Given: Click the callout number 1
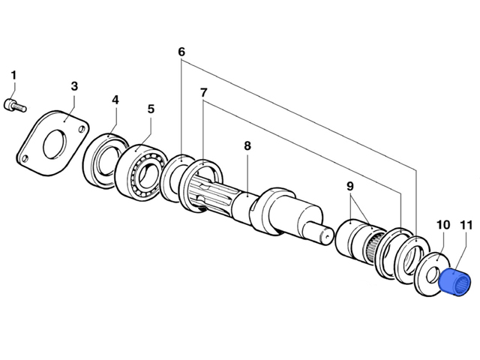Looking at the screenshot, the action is point(13,75).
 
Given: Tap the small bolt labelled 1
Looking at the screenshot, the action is point(15,106).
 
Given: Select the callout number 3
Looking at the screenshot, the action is point(74,86).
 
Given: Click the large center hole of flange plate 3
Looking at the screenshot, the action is point(55,144).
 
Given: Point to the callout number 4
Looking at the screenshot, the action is point(115,100).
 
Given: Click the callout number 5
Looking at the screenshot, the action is point(151,109).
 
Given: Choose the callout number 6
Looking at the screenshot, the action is point(181,52).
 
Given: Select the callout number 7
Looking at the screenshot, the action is point(203,92).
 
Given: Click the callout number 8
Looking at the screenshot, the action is point(247,145).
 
